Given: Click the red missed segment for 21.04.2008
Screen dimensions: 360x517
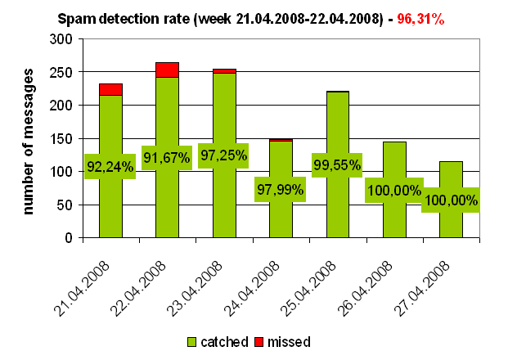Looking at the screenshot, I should point(110,89).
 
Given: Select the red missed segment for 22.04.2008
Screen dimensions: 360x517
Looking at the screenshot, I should point(167,70).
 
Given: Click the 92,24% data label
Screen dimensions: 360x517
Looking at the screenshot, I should point(110,167).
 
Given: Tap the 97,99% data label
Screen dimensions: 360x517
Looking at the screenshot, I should point(280,189).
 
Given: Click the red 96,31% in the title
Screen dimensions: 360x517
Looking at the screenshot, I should point(420,17).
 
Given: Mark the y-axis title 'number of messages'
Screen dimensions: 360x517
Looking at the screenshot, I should point(29,140).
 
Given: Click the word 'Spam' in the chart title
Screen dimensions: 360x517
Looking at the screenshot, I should point(76,17).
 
